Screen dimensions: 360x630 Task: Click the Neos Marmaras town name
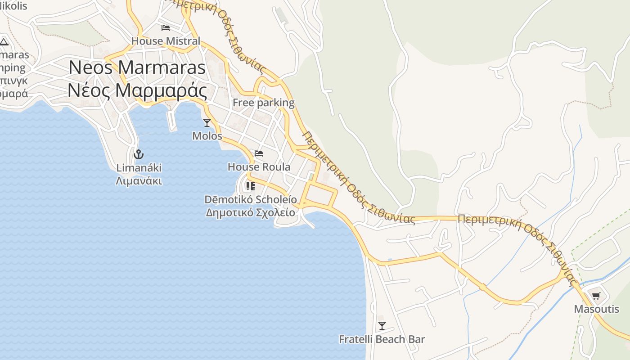point(137,67)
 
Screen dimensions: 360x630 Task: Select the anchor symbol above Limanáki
point(139,154)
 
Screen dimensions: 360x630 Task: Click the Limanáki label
point(139,168)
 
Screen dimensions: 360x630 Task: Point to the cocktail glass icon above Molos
point(207,122)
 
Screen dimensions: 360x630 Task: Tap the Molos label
point(207,135)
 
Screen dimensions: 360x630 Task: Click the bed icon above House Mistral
point(166,28)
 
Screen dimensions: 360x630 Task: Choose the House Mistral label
point(166,41)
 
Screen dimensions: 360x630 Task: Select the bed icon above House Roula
point(259,153)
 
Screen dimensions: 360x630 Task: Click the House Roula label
point(259,167)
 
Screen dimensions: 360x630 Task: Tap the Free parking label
point(263,103)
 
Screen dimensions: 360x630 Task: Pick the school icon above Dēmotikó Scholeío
point(251,186)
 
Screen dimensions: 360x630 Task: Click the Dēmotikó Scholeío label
point(251,199)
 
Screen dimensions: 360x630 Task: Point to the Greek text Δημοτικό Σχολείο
point(251,212)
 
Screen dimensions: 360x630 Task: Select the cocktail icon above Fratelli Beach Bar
point(382,325)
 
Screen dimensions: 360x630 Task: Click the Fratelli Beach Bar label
point(382,339)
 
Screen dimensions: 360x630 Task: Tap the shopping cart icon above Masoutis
point(596,296)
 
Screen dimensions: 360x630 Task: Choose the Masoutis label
point(596,309)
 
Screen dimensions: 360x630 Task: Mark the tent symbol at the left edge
point(4,42)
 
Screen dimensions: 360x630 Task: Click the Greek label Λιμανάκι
point(139,181)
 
